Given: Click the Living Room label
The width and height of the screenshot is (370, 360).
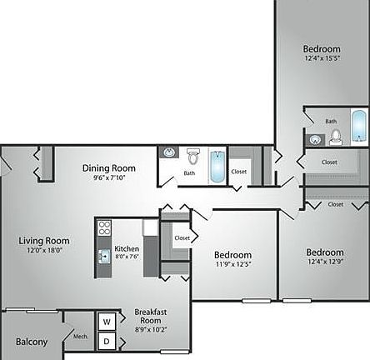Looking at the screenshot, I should point(44,241).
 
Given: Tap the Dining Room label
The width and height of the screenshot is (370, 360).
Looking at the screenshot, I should point(108,168).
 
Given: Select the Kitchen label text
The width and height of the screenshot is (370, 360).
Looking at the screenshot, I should point(127,248).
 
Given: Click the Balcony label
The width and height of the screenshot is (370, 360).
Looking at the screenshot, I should point(31,342).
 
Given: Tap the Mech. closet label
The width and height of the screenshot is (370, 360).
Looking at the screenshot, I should point(81,337).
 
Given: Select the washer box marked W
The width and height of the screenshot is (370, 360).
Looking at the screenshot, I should point(107,322).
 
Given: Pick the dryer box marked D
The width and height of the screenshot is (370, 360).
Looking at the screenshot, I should point(107,341).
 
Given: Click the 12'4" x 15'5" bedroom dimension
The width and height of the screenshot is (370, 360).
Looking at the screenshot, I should point(322,58).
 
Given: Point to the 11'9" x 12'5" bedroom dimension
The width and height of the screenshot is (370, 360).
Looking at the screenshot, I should point(233,265).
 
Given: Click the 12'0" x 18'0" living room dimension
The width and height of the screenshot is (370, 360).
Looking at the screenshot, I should point(44,250).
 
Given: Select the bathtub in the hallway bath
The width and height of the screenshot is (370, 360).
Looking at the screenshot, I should point(216,165).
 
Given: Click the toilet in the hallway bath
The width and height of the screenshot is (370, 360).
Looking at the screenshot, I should point(192,156).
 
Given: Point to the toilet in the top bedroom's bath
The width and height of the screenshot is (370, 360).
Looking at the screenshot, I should point(336,137).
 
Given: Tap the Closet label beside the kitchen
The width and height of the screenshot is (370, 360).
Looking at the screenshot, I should point(182,237).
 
